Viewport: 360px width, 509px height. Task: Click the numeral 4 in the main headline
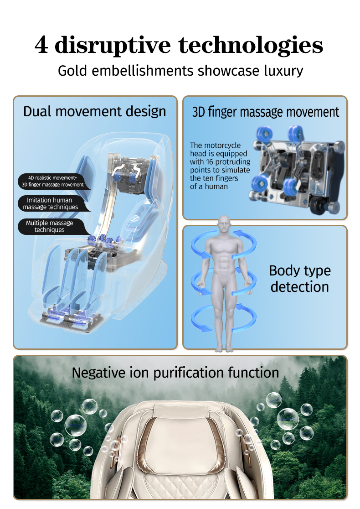pyautogui.click(x=41, y=45)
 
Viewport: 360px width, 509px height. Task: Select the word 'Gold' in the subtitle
pyautogui.click(x=72, y=70)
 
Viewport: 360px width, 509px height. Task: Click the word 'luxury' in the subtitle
pyautogui.click(x=283, y=71)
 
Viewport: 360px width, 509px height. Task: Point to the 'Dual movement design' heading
pyautogui.click(x=95, y=112)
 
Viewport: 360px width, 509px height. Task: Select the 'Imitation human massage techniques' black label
pyautogui.click(x=51, y=203)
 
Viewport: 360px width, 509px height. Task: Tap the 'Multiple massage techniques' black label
pyautogui.click(x=50, y=227)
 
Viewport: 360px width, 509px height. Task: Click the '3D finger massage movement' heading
pyautogui.click(x=265, y=112)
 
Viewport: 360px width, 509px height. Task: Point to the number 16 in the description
pyautogui.click(x=210, y=161)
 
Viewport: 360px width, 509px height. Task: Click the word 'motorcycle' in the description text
pyautogui.click(x=224, y=145)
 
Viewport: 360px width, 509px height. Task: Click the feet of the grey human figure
pyautogui.click(x=224, y=349)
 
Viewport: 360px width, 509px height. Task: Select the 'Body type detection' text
pyautogui.click(x=300, y=279)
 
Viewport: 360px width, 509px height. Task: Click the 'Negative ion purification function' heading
pyautogui.click(x=175, y=373)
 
